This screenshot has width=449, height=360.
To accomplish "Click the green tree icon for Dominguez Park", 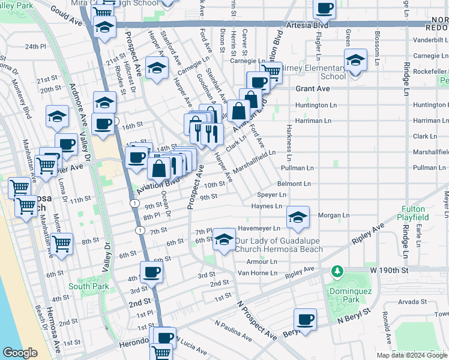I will (x=337, y=272).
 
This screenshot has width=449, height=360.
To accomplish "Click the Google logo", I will (x=20, y=353).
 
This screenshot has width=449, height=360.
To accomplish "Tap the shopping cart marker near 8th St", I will (x=62, y=244).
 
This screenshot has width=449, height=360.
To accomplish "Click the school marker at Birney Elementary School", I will (x=355, y=61).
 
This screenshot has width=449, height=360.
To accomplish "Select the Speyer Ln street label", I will (x=271, y=195).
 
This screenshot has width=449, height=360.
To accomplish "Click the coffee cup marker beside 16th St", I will (x=103, y=124).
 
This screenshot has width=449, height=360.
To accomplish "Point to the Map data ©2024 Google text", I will (x=411, y=355).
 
